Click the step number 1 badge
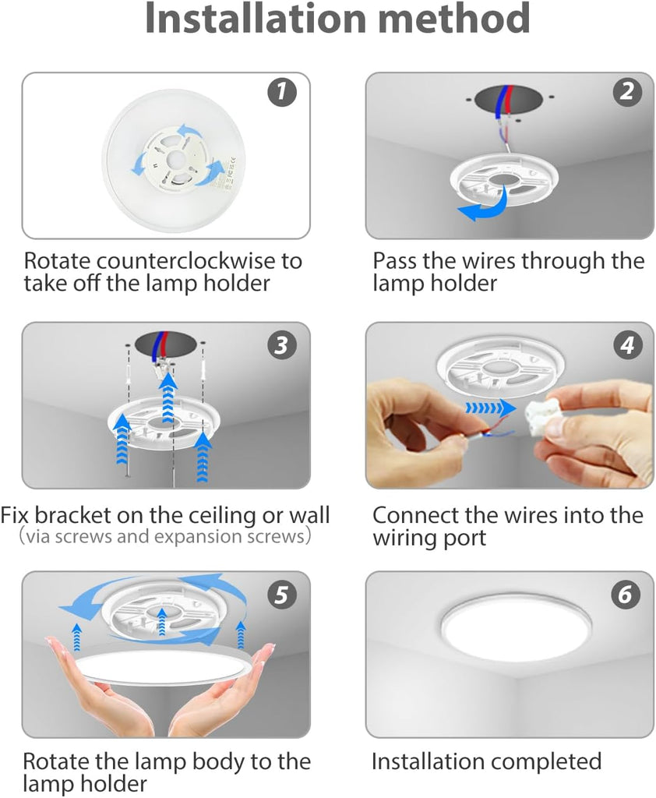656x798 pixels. pos(281,92)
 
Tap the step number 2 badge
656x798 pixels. pos(626,92)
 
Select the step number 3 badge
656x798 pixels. pos(281,345)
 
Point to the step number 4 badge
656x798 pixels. pos(626,345)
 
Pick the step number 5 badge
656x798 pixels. pos(281,595)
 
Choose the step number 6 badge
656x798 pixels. pos(626,595)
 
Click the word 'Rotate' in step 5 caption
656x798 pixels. pos(55,762)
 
